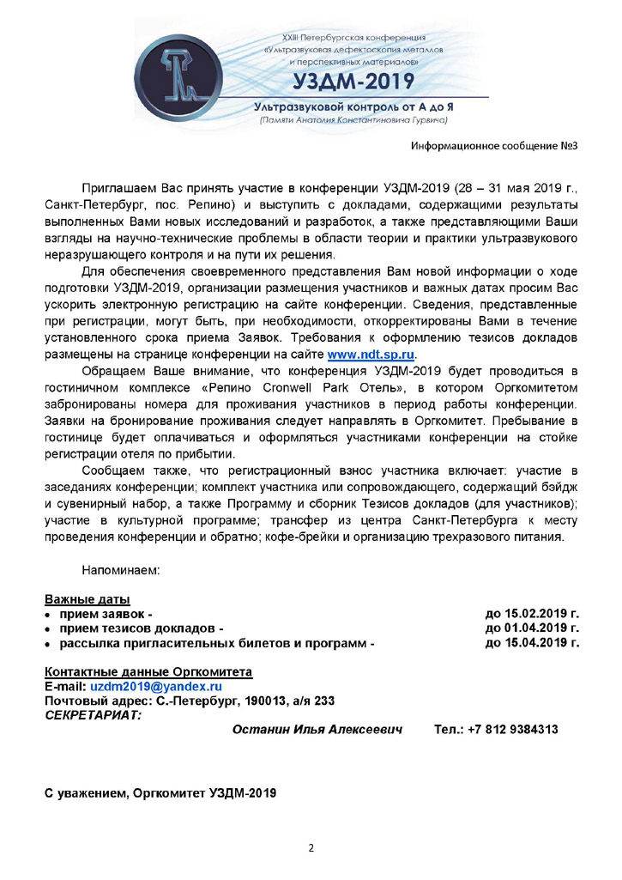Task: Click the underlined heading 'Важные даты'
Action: [88, 599]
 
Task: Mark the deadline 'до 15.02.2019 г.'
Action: [532, 614]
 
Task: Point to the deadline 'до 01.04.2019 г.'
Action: [532, 628]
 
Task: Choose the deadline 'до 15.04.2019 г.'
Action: [532, 643]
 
